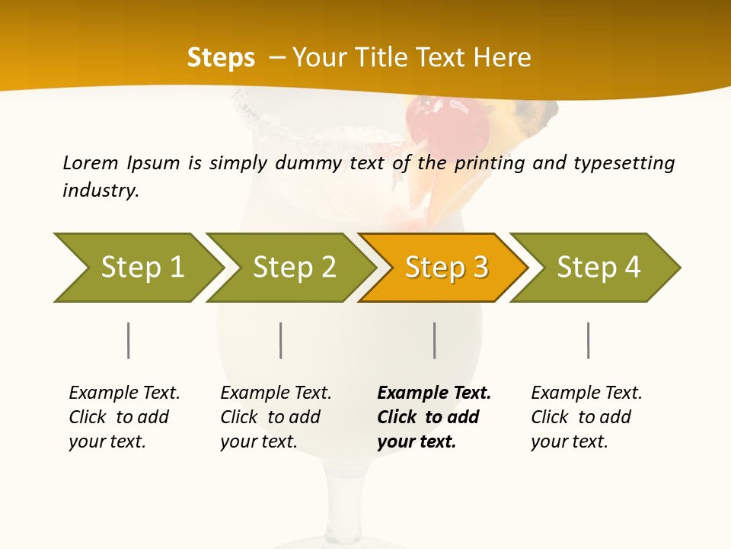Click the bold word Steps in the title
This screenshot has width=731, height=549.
pyautogui.click(x=221, y=58)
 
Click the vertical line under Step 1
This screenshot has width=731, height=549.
pyautogui.click(x=129, y=340)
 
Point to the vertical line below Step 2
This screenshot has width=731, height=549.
pyautogui.click(x=281, y=340)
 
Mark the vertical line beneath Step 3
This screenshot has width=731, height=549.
pyautogui.click(x=434, y=340)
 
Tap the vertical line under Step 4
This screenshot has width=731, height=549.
pyautogui.click(x=588, y=340)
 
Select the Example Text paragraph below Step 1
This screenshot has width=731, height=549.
pyautogui.click(x=123, y=417)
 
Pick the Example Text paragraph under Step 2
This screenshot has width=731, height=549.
pyautogui.click(x=275, y=417)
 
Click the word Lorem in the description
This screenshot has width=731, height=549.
pyautogui.click(x=90, y=162)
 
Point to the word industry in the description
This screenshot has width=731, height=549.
pyautogui.click(x=100, y=191)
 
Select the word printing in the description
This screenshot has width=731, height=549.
pyautogui.click(x=491, y=162)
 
